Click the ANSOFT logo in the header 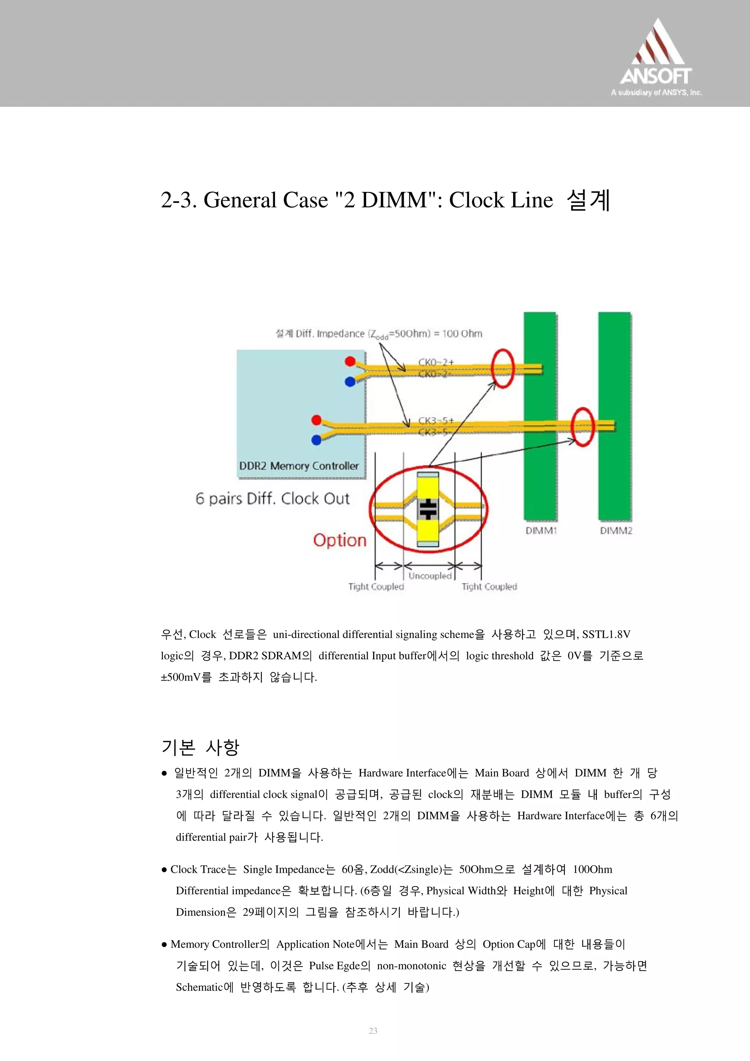coord(656,58)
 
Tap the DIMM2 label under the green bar coord(616,531)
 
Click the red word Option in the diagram coord(339,540)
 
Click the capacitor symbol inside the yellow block coord(428,509)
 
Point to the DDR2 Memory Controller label coord(298,466)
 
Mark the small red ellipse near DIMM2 coord(582,427)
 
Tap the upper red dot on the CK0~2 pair coord(350,361)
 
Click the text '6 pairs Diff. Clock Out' coord(272,499)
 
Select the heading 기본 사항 coord(200,747)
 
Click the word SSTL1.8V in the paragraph coord(606,634)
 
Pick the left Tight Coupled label coord(376,587)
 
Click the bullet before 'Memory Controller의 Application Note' coord(164,945)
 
